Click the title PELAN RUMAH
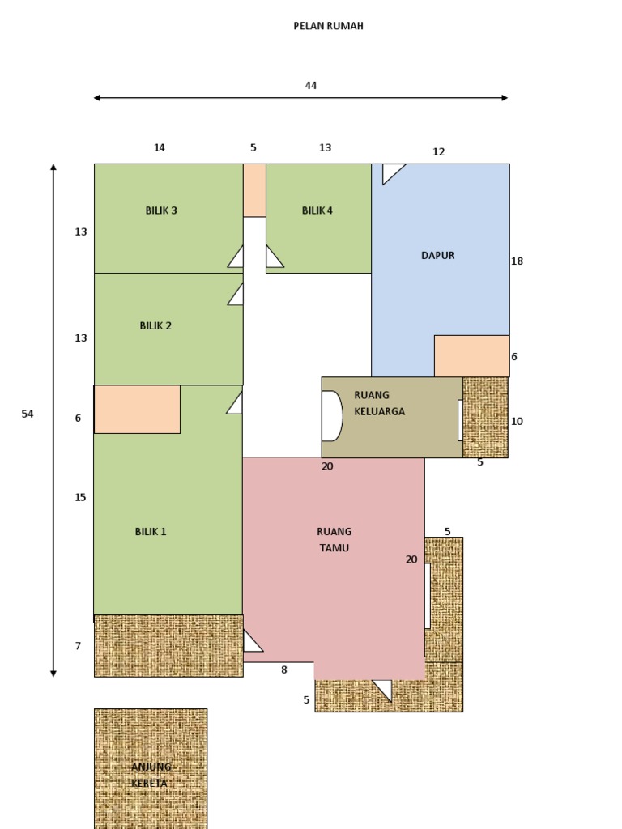pyautogui.click(x=328, y=26)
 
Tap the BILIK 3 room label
pyautogui.click(x=161, y=210)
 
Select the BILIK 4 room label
pyautogui.click(x=317, y=210)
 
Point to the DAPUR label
pyautogui.click(x=437, y=255)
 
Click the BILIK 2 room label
pyautogui.click(x=155, y=325)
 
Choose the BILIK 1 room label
pyautogui.click(x=151, y=531)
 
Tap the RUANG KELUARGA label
pyautogui.click(x=379, y=403)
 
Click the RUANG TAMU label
pyautogui.click(x=334, y=539)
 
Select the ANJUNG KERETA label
pyautogui.click(x=151, y=775)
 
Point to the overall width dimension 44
pyautogui.click(x=311, y=85)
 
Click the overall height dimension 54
pyautogui.click(x=28, y=414)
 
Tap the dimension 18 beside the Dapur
pyautogui.click(x=518, y=261)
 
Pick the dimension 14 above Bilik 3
pyautogui.click(x=160, y=147)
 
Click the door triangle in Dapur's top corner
pyautogui.click(x=390, y=170)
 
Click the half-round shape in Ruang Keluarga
pyautogui.click(x=332, y=416)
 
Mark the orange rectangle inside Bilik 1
pyautogui.click(x=138, y=409)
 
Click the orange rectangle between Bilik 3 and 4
pyautogui.click(x=254, y=190)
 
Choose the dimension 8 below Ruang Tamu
pyautogui.click(x=284, y=670)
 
